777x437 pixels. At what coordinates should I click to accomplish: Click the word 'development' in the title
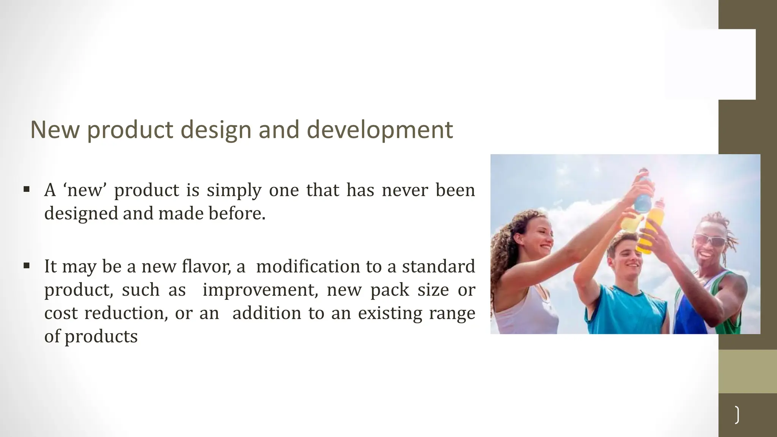click(379, 130)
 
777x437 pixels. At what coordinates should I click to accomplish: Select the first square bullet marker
click(26, 189)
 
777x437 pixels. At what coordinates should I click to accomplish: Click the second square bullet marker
click(26, 265)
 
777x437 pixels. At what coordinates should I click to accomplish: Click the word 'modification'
click(308, 266)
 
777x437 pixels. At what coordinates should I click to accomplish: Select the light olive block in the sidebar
click(747, 371)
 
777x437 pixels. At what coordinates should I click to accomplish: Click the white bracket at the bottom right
click(737, 415)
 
